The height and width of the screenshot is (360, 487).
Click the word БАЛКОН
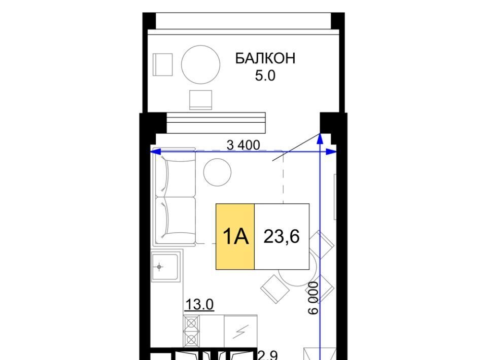265,58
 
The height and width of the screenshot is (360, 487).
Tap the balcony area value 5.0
265,76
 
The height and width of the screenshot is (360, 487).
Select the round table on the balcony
201,64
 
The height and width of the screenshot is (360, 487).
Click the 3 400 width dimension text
243,145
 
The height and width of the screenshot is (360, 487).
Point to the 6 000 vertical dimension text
314,298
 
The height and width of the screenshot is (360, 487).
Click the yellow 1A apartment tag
235,236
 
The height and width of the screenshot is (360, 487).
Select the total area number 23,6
282,236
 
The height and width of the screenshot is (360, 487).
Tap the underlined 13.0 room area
199,304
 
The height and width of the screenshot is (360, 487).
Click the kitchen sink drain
159,267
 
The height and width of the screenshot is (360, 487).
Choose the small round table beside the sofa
218,172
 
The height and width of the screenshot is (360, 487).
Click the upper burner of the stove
191,323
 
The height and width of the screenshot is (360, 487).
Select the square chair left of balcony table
162,64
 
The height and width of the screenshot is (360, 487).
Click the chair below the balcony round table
201,100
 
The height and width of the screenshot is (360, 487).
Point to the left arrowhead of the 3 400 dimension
155,152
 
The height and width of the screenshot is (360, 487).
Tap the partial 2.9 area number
268,355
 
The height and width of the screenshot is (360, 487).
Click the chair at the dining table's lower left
275,289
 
